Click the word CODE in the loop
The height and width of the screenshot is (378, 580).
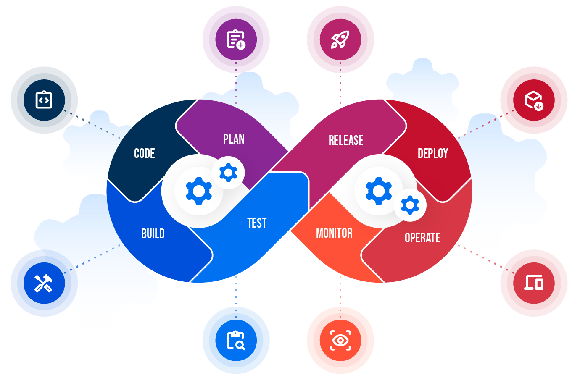144,153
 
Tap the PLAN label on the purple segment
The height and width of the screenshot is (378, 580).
234,139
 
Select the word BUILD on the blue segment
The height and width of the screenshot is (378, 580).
153,234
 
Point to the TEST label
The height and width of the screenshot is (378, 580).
257,223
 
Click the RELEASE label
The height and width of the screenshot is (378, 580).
346,140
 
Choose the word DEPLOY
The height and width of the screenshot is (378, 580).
433,153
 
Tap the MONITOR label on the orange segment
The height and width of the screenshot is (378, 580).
334,233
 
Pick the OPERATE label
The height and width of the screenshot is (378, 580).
422,238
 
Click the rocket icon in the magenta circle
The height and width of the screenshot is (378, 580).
340,39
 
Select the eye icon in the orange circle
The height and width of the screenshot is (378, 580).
340,340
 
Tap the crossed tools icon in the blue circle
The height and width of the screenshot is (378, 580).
43,283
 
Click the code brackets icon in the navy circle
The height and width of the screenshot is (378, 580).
44,100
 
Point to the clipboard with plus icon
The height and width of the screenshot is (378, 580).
236,39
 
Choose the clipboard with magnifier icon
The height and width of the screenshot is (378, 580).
236,340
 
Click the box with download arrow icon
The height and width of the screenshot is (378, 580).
534,100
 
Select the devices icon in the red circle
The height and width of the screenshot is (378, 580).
534,283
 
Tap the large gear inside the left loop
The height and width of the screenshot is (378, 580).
199,191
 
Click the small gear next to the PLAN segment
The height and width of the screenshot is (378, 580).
228,173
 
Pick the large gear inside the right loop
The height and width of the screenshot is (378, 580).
379,191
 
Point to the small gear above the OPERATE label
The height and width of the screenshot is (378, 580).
410,205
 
